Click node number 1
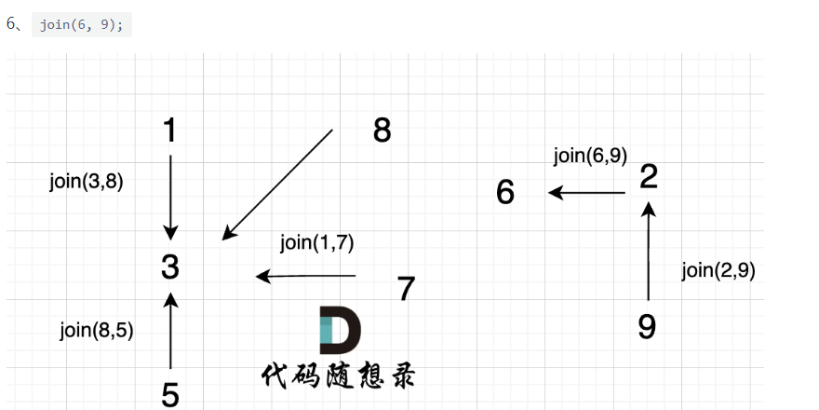point(169,130)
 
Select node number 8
point(382,130)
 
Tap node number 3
point(169,267)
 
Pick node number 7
point(406,289)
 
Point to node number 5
point(170,395)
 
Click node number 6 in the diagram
point(505,193)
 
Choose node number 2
point(650,176)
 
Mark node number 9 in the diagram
point(648,327)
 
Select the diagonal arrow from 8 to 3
point(277,184)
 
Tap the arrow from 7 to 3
point(306,276)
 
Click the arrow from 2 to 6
point(586,193)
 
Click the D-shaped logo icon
point(339,329)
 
